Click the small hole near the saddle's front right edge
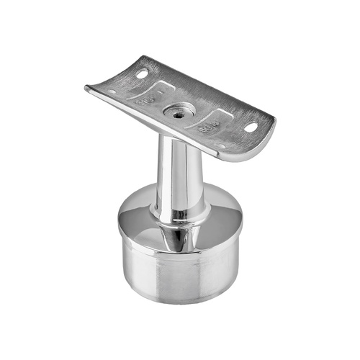pyautogui.click(x=220, y=145)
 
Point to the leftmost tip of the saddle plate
pyautogui.click(x=86, y=89)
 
